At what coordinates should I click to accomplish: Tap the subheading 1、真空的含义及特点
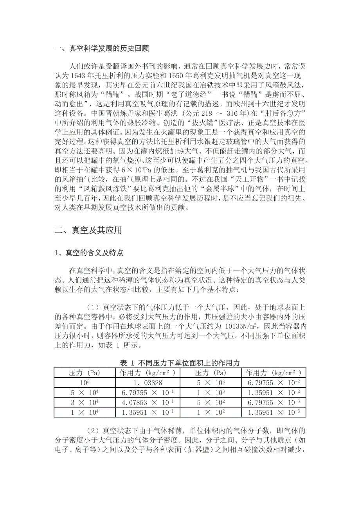(x=88, y=253)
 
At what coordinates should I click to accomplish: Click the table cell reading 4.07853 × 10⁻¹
(x=148, y=402)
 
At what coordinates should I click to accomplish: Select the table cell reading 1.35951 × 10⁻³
(x=274, y=412)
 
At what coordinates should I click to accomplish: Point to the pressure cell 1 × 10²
(x=211, y=412)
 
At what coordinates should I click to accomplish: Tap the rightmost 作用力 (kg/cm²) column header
(x=274, y=373)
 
